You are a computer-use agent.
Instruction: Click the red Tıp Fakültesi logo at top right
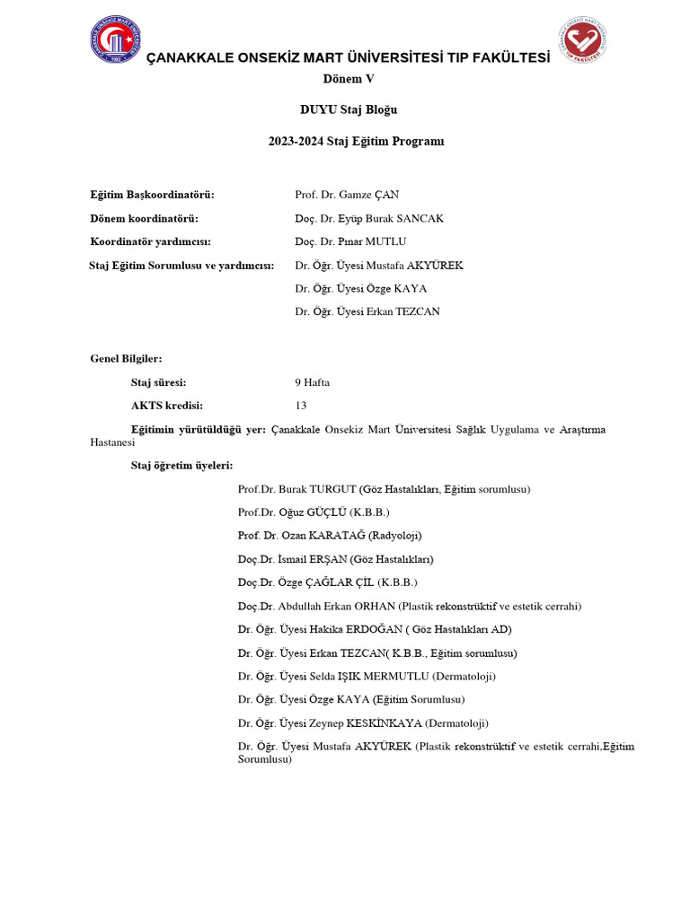tap(582, 41)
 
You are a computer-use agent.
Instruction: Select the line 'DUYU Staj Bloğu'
tap(348, 110)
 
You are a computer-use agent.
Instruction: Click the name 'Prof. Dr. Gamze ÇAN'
tap(347, 195)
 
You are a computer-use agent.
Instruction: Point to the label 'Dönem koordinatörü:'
tap(144, 218)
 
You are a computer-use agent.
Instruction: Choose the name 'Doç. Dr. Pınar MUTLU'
tap(350, 241)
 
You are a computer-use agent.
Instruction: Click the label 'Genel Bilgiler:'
tap(126, 359)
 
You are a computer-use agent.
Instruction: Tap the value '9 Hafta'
tap(312, 382)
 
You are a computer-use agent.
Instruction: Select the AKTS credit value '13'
tap(301, 406)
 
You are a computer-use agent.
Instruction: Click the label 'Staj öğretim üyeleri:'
tap(182, 466)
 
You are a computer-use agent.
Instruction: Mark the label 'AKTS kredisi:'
tap(167, 406)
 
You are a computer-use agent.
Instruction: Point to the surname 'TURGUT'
tap(332, 489)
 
